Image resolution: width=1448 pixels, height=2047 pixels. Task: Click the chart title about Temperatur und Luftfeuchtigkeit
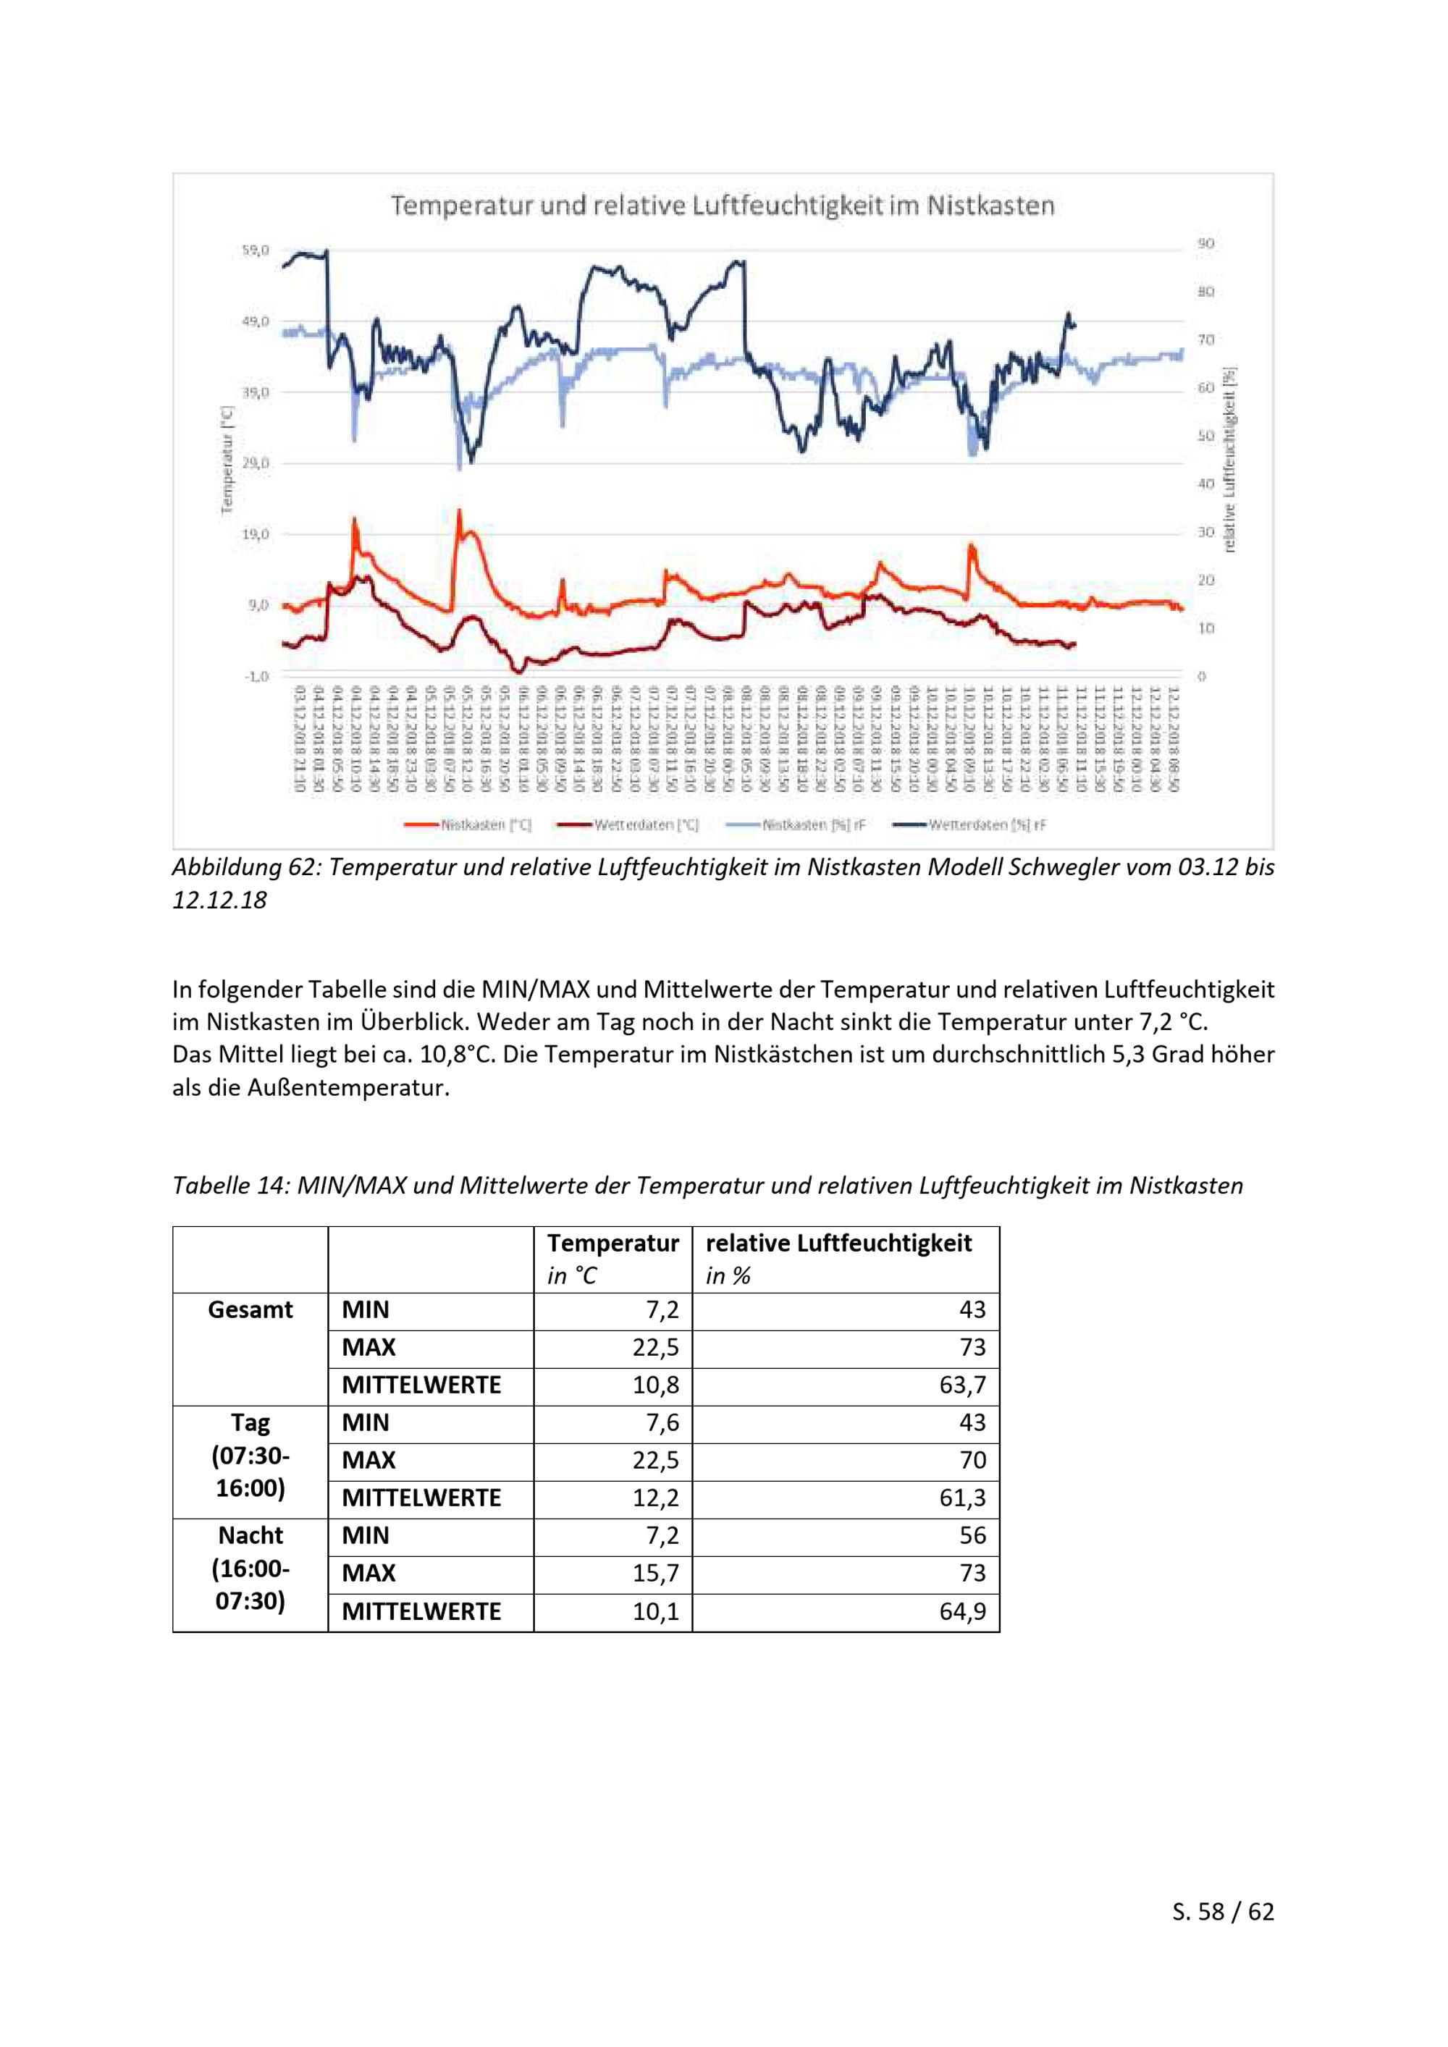pos(723,206)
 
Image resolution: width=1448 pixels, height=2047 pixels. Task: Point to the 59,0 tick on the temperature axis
pos(255,250)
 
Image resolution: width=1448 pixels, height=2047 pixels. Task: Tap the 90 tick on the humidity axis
pos(1205,243)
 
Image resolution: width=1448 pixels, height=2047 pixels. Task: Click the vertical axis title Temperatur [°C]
pos(226,460)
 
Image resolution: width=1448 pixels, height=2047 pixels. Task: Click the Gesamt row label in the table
pos(250,1309)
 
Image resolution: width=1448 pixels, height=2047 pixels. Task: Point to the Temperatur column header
pos(613,1244)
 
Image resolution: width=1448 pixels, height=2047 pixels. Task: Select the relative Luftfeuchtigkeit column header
pos(838,1244)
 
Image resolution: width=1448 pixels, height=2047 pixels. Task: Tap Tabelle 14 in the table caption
pos(227,1186)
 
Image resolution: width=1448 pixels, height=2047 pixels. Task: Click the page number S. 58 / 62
pos(1222,1912)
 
